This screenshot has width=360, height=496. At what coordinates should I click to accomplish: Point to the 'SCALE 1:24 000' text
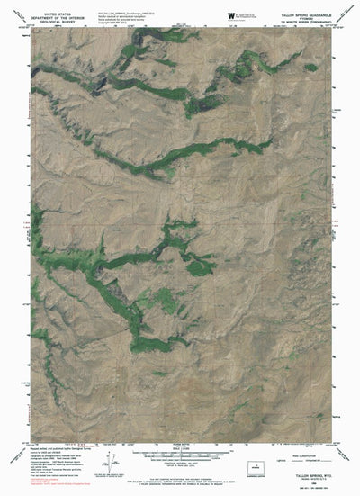point(180,439)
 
